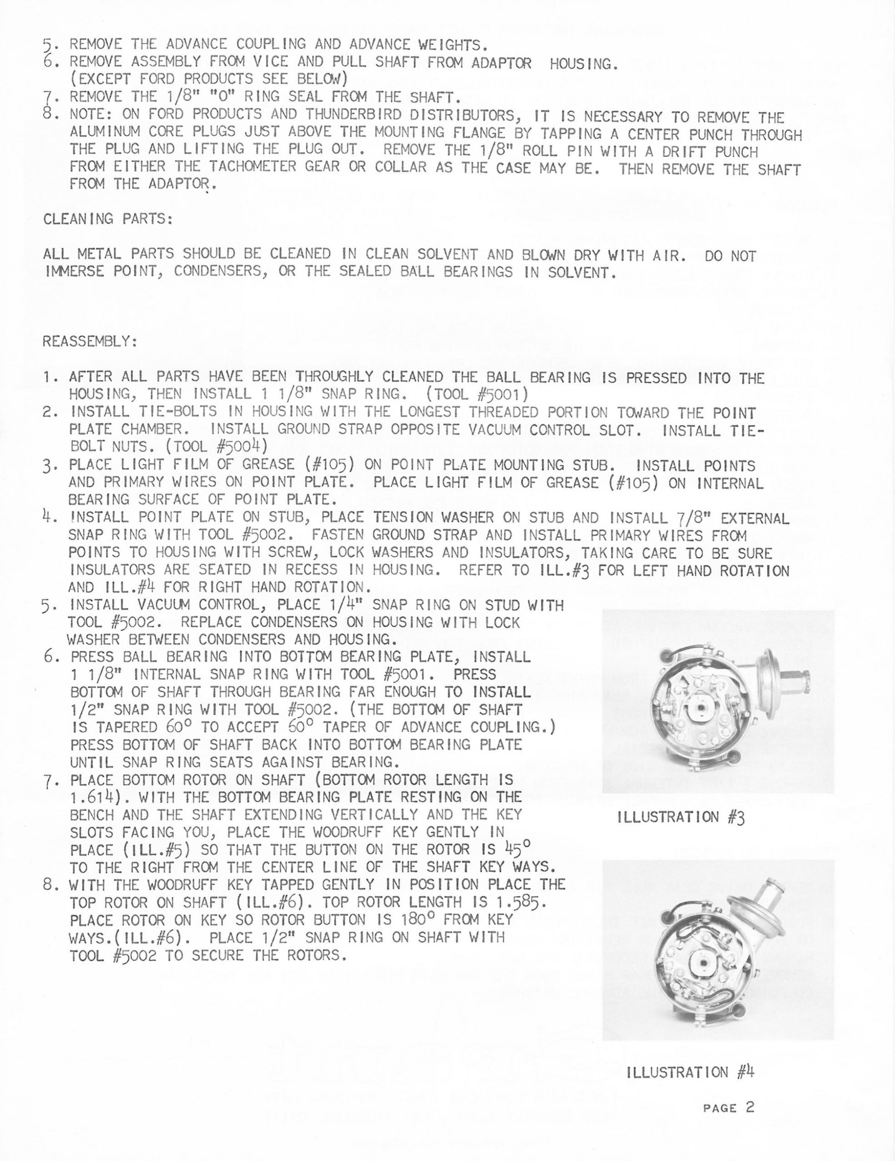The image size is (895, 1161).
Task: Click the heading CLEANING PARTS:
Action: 108,219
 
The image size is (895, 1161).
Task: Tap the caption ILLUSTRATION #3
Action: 681,816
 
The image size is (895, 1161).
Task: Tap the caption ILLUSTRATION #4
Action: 690,1071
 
